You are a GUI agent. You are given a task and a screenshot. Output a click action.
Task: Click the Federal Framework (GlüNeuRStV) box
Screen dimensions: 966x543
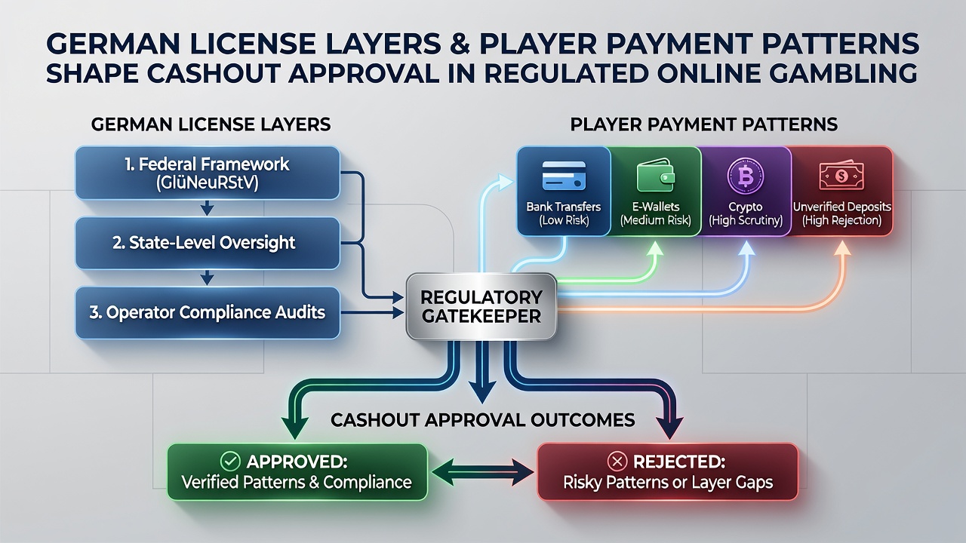(208, 173)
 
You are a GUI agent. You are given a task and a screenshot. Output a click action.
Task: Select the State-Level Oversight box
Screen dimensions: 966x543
(208, 243)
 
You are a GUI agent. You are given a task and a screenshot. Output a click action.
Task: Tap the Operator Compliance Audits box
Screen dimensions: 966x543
(208, 313)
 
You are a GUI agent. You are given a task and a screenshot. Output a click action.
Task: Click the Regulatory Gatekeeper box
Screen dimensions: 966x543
(481, 306)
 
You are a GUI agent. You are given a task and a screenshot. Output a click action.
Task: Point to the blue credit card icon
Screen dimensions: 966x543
(564, 176)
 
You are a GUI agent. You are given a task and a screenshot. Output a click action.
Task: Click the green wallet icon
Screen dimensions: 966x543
(656, 175)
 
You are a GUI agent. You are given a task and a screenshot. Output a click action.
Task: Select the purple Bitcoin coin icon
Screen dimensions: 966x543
(746, 176)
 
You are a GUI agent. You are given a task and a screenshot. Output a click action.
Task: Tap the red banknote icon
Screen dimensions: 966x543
(841, 176)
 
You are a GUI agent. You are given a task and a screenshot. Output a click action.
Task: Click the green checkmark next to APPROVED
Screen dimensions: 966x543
(230, 462)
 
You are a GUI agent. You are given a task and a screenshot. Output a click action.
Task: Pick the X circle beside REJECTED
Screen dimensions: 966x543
(617, 462)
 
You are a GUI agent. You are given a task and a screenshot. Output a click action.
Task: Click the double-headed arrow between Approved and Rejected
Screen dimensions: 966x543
(482, 472)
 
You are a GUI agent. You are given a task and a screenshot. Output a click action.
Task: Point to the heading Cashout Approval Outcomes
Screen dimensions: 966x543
(482, 420)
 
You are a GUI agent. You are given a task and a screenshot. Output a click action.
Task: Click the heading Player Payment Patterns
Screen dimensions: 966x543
(704, 124)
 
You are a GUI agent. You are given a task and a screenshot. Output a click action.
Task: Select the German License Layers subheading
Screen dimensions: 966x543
(211, 124)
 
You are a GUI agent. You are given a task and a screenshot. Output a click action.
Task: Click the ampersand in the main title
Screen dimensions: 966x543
(460, 44)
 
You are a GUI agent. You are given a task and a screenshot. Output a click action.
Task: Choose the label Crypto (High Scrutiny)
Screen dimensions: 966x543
(746, 213)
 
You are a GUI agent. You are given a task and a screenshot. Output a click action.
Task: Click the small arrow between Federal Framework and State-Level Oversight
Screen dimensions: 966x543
(208, 208)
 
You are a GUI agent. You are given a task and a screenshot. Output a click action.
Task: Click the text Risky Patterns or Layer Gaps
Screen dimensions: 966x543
(668, 482)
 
